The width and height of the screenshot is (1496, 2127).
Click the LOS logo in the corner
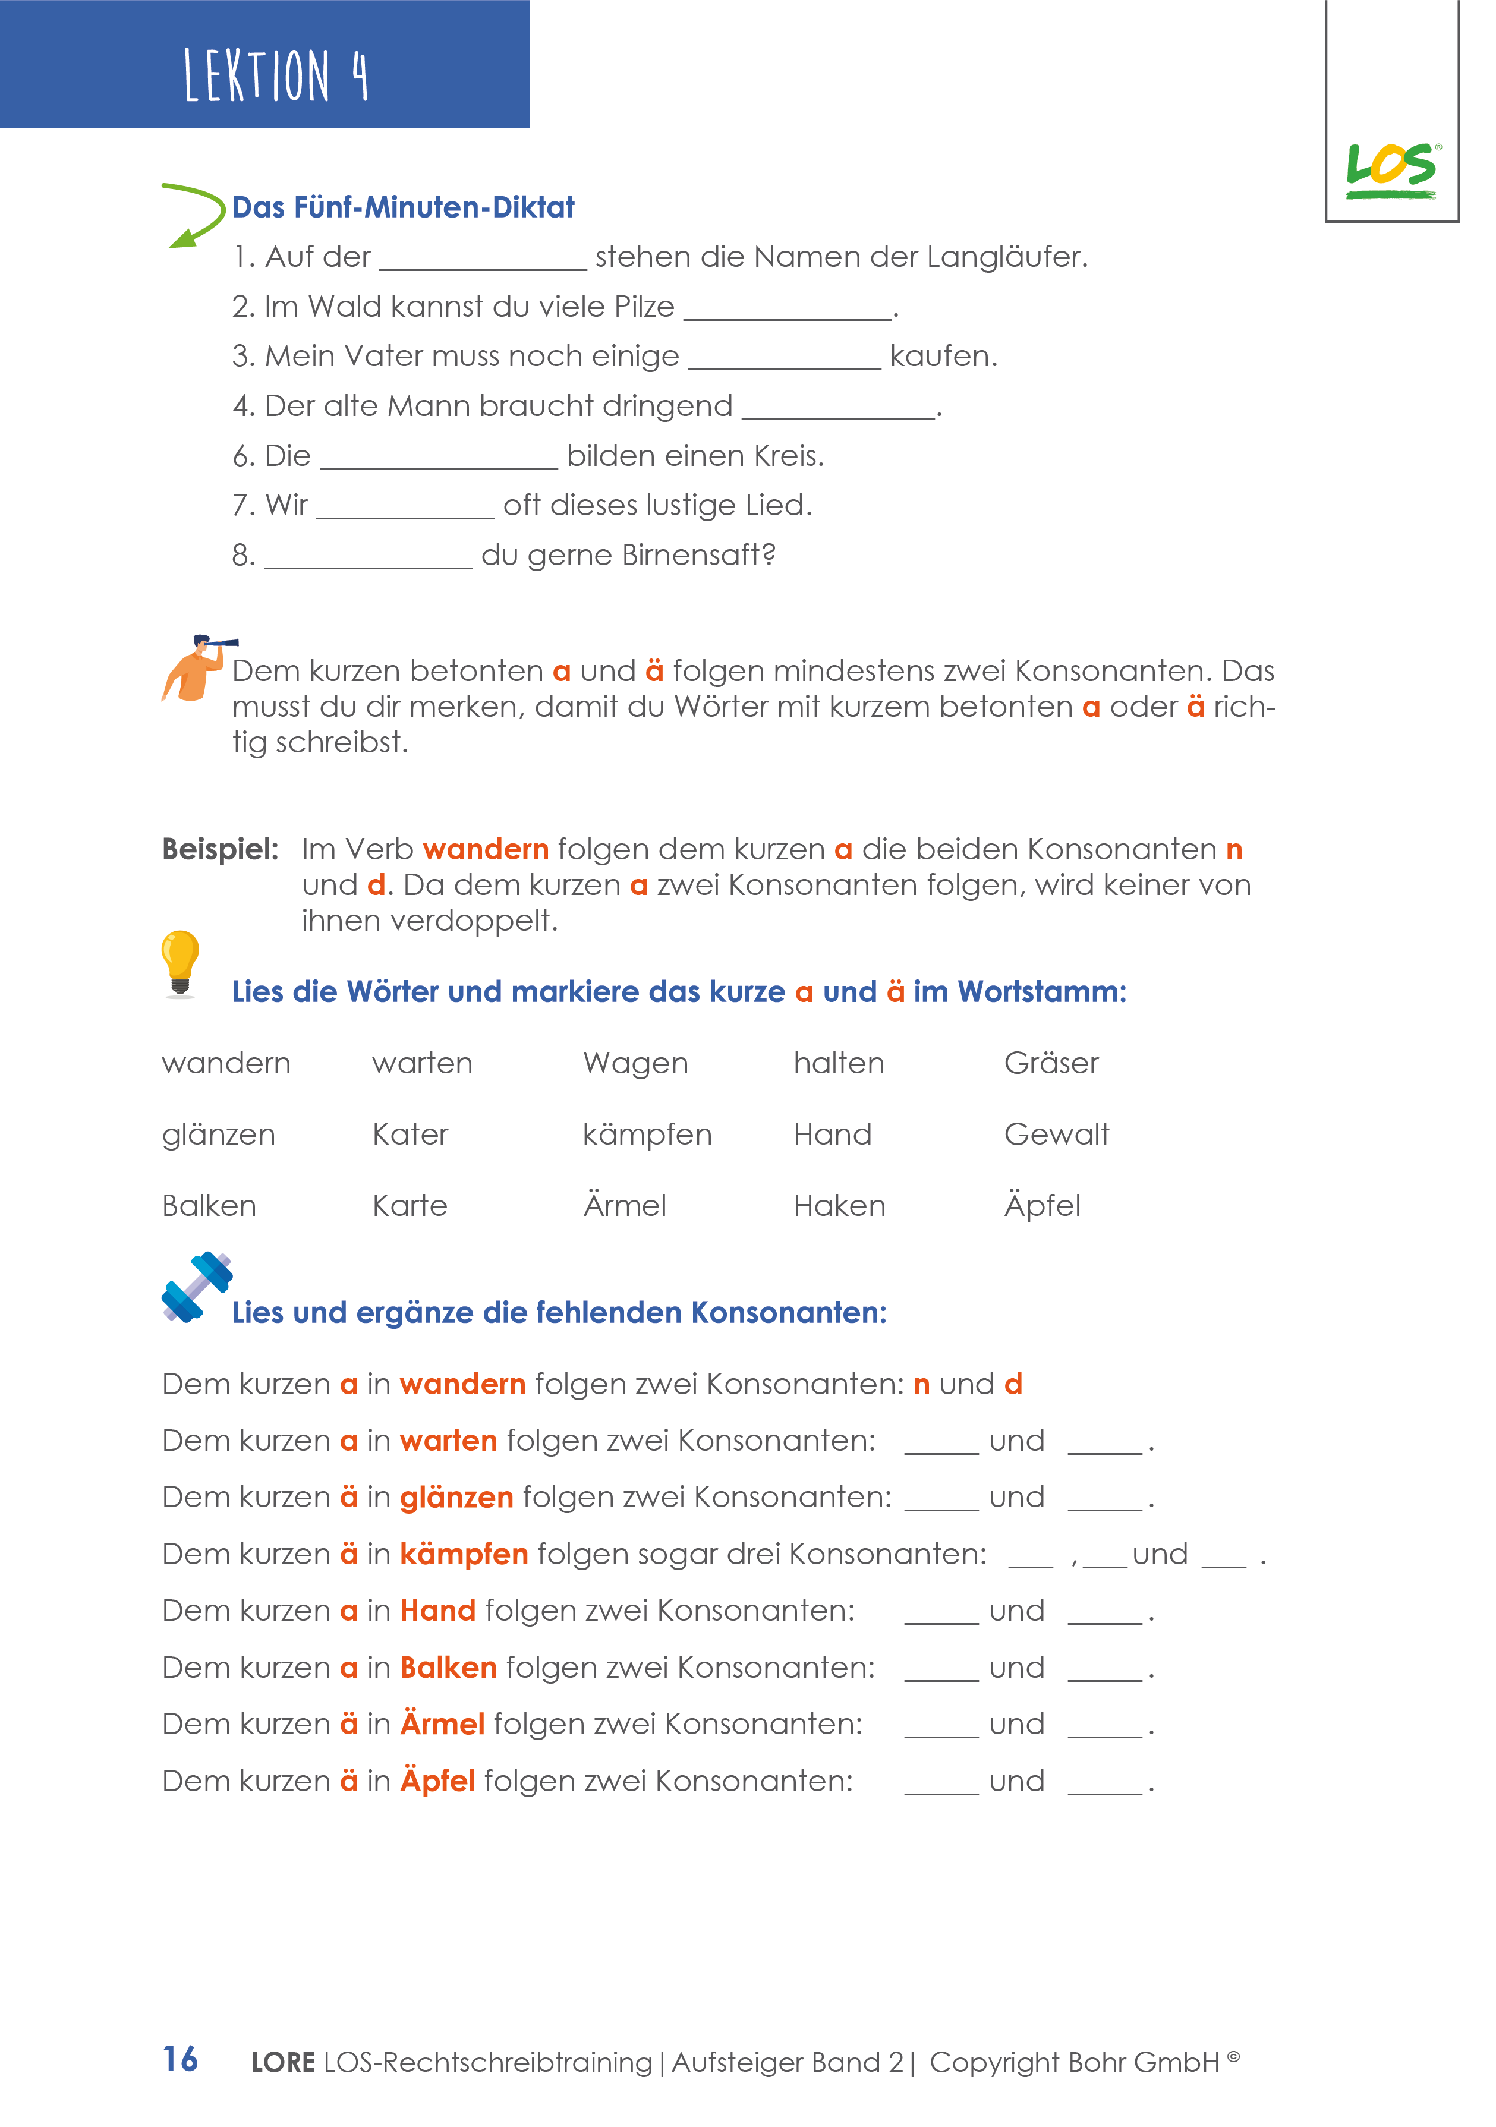click(x=1391, y=171)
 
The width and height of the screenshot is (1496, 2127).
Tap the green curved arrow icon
click(x=194, y=215)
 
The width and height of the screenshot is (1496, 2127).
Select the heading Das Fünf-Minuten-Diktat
click(x=403, y=207)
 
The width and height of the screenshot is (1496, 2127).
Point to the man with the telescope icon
click(x=196, y=668)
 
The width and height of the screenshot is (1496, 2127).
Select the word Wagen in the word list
click(x=635, y=1064)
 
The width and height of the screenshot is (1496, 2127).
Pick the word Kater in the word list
click(x=410, y=1135)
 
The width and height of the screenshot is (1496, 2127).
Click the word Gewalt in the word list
click(x=1056, y=1135)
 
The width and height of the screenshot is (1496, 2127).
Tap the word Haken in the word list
click(x=839, y=1206)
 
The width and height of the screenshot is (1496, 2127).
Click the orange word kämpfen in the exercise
click(x=463, y=1555)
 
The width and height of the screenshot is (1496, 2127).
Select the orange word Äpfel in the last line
click(x=437, y=1782)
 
